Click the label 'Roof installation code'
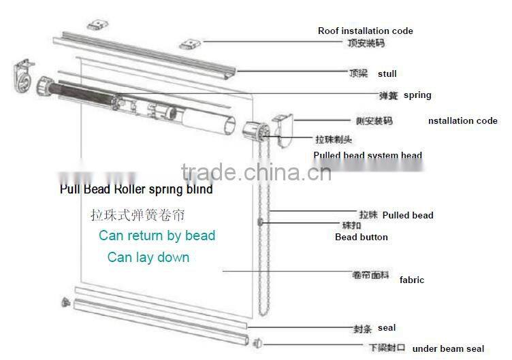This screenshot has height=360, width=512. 365,31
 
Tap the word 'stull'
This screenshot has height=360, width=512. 387,73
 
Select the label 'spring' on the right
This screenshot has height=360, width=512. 417,95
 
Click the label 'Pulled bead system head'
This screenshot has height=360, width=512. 368,155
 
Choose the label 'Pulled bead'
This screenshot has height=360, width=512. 407,215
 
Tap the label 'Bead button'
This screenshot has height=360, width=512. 361,237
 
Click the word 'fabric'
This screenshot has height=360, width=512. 411,280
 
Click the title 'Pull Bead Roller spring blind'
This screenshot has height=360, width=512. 136,189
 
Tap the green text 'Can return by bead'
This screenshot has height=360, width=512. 157,235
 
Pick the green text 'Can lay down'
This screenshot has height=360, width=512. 148,257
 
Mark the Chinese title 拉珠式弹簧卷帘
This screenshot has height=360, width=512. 138,215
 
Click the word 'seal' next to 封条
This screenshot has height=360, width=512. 387,328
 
